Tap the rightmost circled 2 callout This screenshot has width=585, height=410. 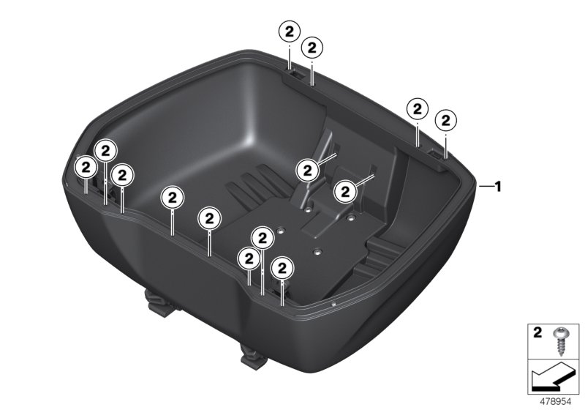tap(446, 119)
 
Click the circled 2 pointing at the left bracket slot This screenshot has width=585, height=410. tap(308, 170)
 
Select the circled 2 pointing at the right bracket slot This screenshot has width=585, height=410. tap(344, 192)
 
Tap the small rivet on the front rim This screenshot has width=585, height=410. tap(333, 302)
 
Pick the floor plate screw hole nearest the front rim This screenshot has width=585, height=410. tap(318, 252)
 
